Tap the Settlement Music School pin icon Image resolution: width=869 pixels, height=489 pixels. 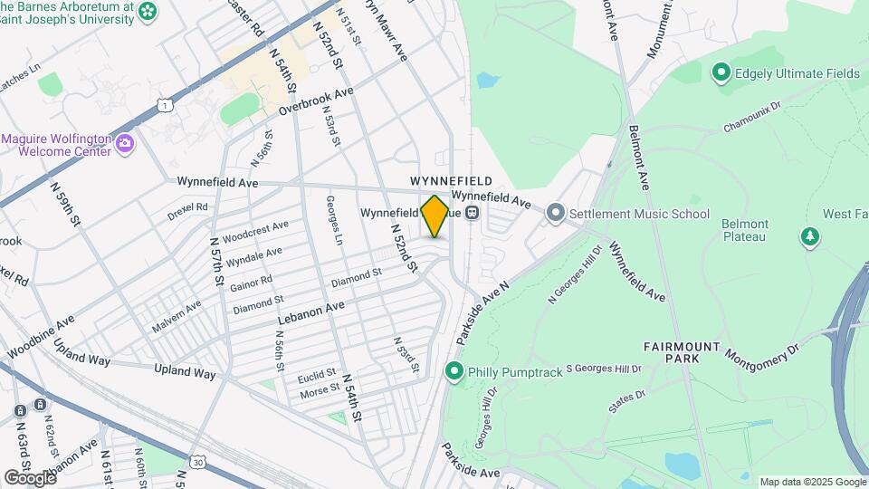coord(555,214)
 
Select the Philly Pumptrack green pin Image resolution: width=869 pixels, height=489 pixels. coord(453,371)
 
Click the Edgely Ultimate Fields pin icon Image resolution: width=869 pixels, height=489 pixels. coord(721,72)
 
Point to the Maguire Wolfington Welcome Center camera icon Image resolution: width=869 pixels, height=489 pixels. coord(125,142)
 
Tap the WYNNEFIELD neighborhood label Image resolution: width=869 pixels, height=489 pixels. coord(451,181)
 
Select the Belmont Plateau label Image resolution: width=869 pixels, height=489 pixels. coord(745,230)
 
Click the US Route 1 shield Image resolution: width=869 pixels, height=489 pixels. coord(165,105)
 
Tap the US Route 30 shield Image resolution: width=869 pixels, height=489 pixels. coord(197,463)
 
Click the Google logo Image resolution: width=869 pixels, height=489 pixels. coord(30,477)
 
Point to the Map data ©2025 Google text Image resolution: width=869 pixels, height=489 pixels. coord(812,482)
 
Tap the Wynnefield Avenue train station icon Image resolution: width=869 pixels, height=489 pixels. coord(472,214)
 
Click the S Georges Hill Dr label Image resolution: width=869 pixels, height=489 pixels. coord(604,369)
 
